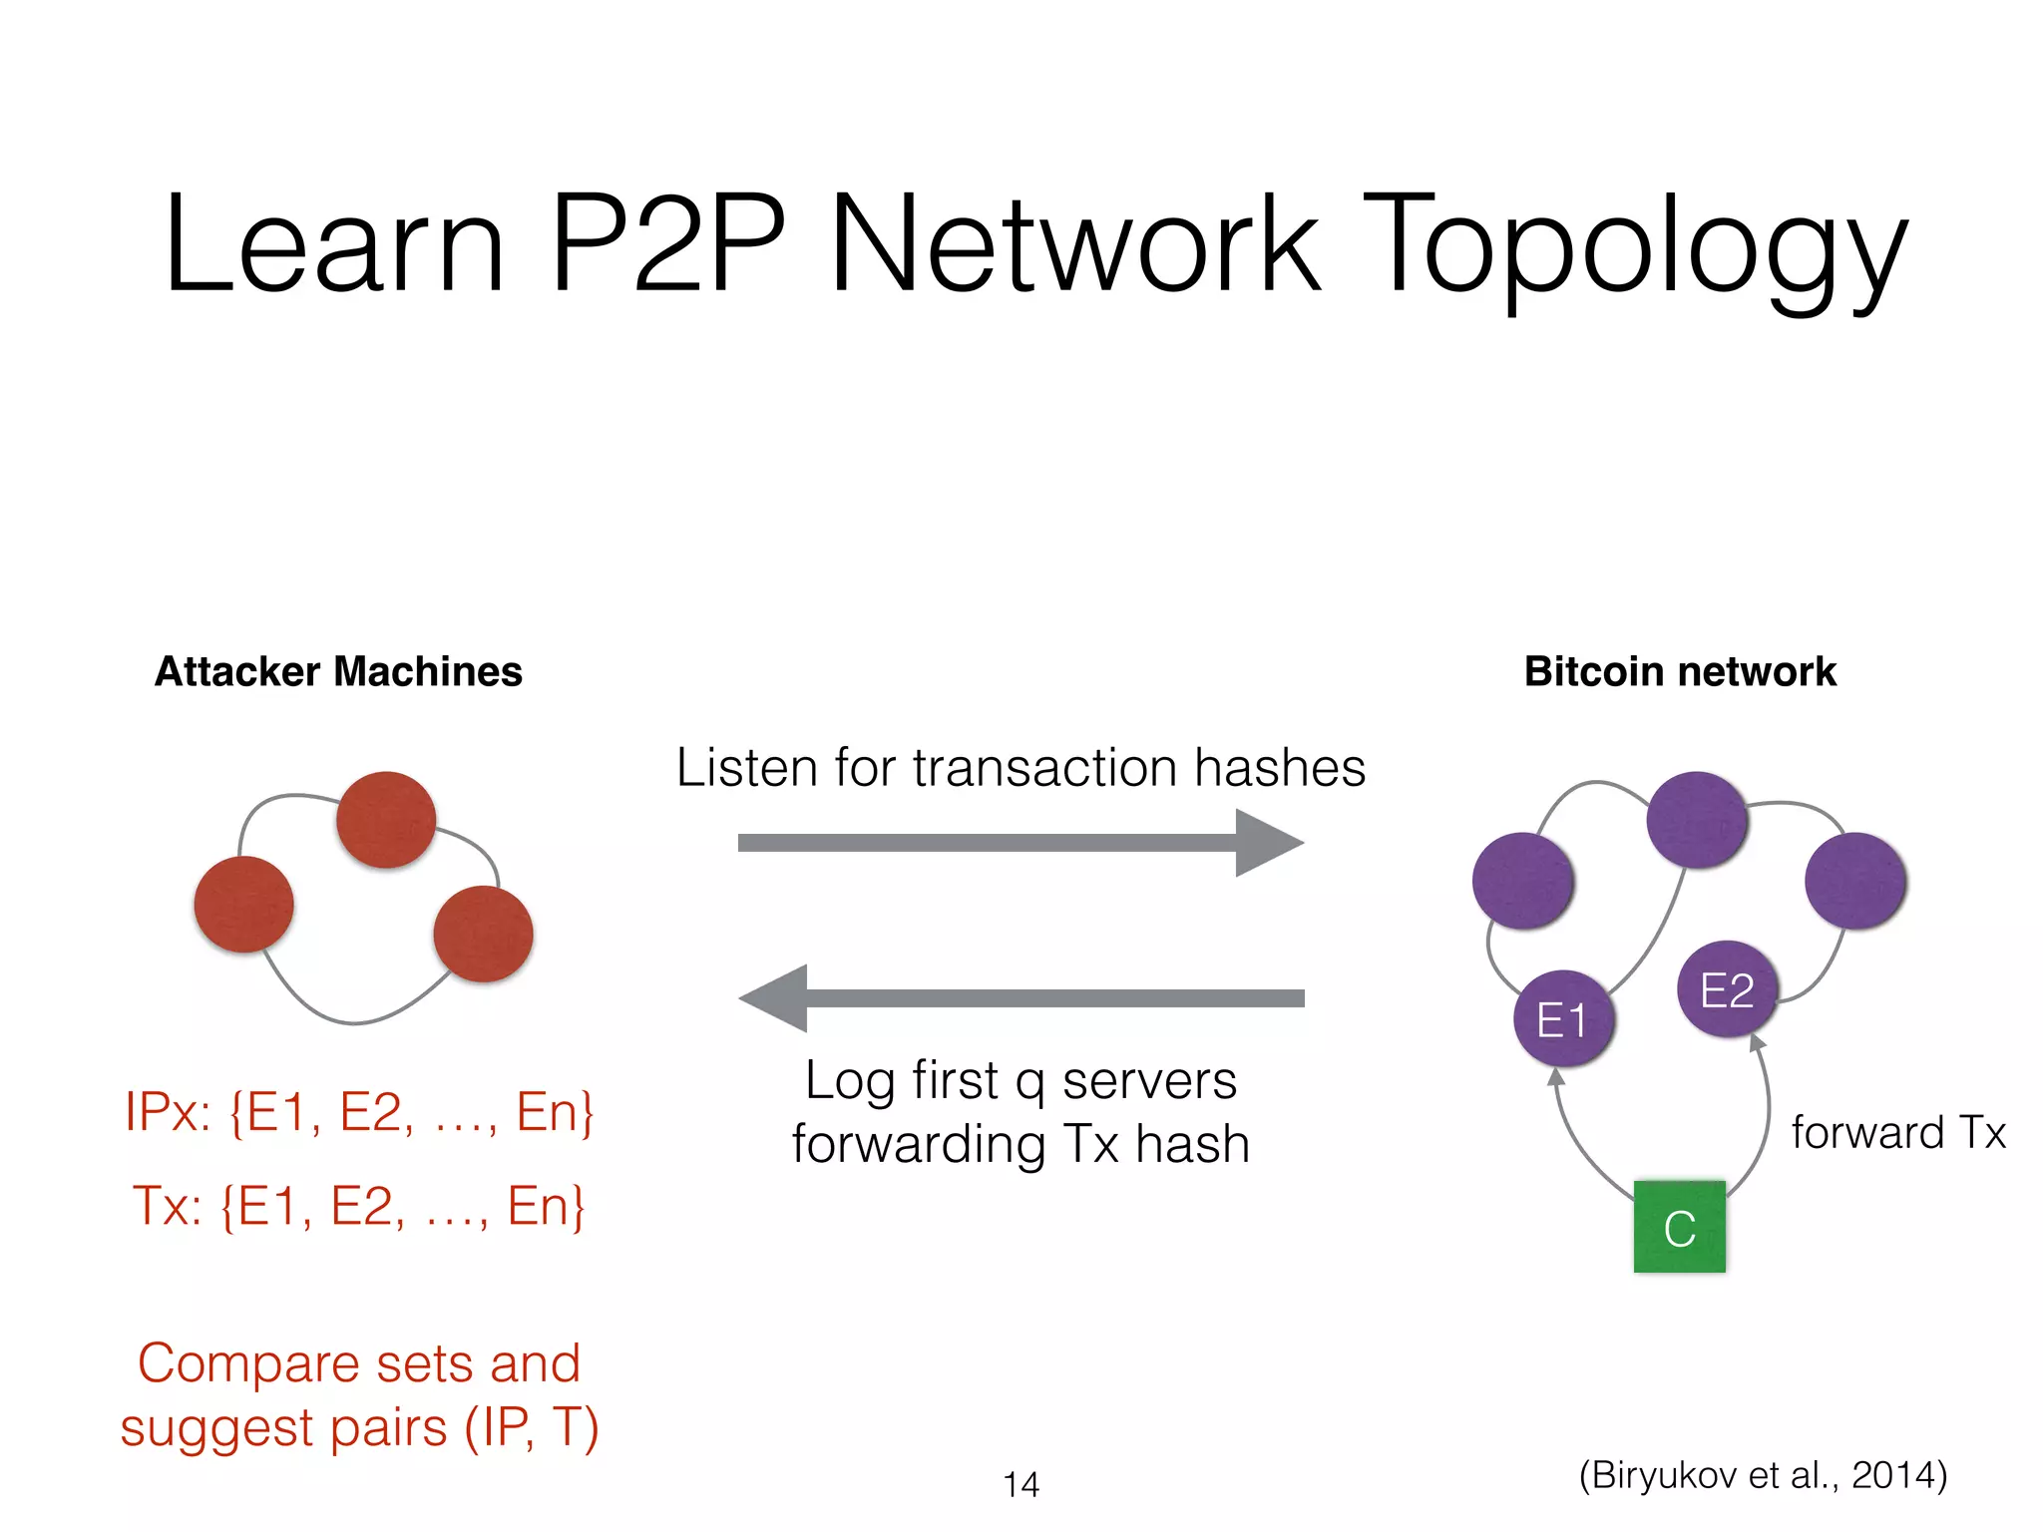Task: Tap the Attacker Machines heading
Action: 338,671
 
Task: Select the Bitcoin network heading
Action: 1680,671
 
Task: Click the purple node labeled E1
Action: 1563,1018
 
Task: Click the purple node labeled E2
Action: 1727,989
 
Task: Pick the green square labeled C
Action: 1679,1227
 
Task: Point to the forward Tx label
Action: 1897,1133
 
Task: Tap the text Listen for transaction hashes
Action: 1020,768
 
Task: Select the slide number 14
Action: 1021,1484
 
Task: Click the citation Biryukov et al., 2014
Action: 1762,1474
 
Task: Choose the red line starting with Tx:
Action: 359,1205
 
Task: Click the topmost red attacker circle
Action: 386,820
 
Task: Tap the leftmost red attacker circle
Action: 243,904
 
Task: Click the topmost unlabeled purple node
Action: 1696,820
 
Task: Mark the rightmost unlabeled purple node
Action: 1855,882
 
